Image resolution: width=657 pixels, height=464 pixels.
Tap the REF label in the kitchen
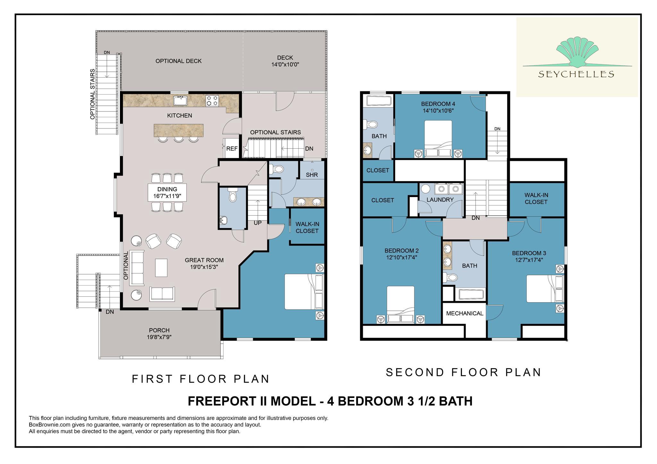point(232,149)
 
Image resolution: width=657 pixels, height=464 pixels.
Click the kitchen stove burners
point(212,100)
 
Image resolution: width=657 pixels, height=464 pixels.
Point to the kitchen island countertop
point(179,129)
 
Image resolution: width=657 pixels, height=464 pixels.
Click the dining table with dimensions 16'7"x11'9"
point(167,192)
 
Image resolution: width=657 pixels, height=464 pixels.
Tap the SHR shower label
point(312,175)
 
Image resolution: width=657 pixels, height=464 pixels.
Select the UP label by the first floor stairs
point(258,223)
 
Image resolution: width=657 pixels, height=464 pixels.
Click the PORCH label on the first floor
point(159,330)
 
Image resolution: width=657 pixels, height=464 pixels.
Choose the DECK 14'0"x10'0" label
point(285,61)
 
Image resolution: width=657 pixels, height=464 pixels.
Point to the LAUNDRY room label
point(440,200)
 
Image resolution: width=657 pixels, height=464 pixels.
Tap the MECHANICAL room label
point(465,313)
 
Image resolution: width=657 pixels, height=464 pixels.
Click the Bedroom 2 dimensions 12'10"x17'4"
point(402,257)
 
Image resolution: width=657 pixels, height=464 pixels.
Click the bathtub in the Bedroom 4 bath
point(379,101)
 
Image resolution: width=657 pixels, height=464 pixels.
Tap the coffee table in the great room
point(161,268)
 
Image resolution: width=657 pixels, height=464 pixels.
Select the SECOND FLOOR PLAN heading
point(464,372)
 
